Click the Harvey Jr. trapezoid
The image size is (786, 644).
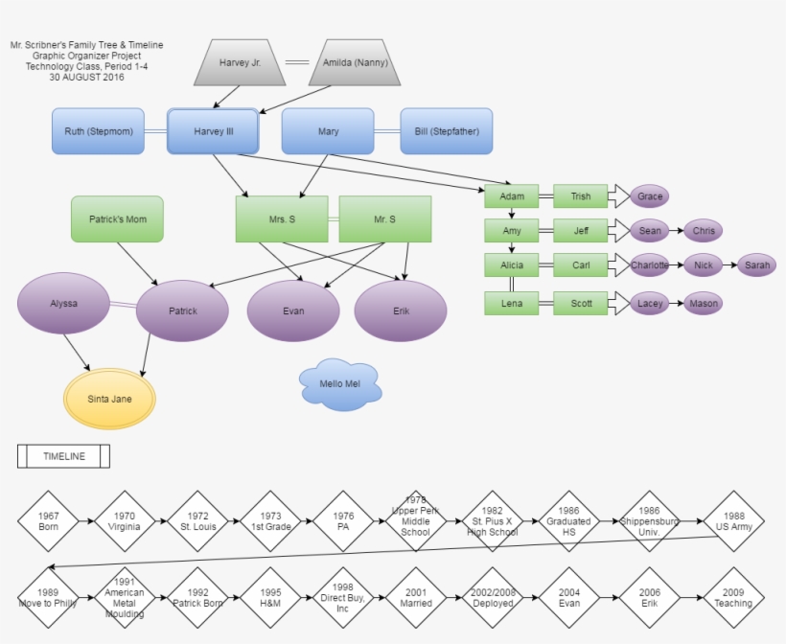point(241,61)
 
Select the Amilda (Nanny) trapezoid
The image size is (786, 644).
point(355,61)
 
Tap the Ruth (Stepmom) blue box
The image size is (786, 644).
point(98,131)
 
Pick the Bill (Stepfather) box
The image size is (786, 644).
point(446,131)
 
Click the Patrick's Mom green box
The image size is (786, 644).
point(117,218)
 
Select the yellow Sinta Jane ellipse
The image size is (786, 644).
point(109,399)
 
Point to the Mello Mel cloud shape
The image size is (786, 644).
point(339,384)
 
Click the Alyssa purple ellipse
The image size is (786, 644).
point(64,303)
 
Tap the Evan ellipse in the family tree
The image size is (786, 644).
point(293,311)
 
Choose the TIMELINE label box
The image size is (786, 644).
point(63,456)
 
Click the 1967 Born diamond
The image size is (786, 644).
point(49,521)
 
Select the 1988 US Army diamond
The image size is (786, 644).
point(734,521)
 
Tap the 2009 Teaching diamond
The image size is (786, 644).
point(734,598)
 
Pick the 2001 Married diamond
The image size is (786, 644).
point(416,598)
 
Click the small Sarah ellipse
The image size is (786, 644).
point(757,265)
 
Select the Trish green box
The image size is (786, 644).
point(581,196)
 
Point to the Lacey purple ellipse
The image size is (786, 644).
point(650,304)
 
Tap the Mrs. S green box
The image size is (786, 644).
point(282,219)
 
